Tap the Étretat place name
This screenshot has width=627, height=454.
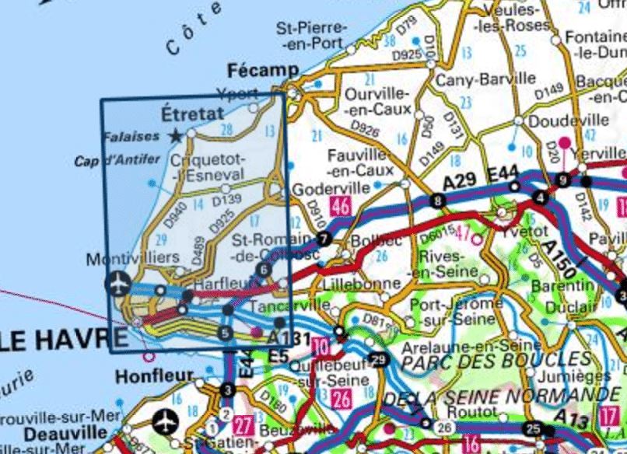(x=191, y=113)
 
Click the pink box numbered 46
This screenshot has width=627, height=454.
(x=339, y=206)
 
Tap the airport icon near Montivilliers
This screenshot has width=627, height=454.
(x=117, y=284)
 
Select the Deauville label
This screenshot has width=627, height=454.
(x=54, y=432)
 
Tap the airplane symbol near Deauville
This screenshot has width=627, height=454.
(x=166, y=422)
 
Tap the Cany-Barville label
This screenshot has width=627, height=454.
(x=485, y=79)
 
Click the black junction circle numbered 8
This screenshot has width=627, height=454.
(x=440, y=202)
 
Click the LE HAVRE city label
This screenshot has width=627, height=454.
(x=62, y=338)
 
